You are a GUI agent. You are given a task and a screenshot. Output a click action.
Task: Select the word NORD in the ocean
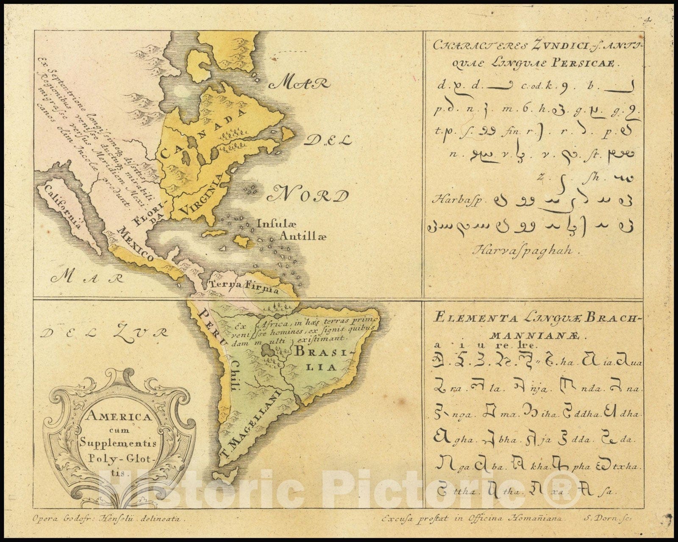click(x=308, y=196)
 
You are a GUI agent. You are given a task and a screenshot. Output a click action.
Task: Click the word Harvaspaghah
click(x=528, y=250)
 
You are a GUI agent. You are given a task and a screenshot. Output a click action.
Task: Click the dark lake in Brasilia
click(x=268, y=350)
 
